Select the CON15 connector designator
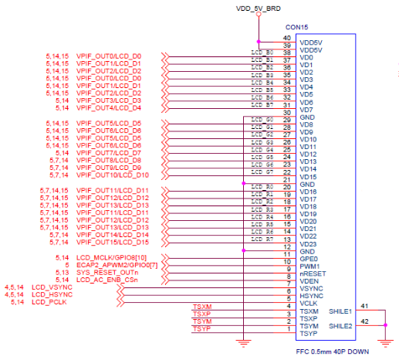[297, 27]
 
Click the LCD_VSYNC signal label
[53, 286]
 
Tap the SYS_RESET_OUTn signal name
[107, 271]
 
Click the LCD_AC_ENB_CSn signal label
[108, 279]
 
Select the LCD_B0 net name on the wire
[262, 52]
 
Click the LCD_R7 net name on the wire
[262, 239]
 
